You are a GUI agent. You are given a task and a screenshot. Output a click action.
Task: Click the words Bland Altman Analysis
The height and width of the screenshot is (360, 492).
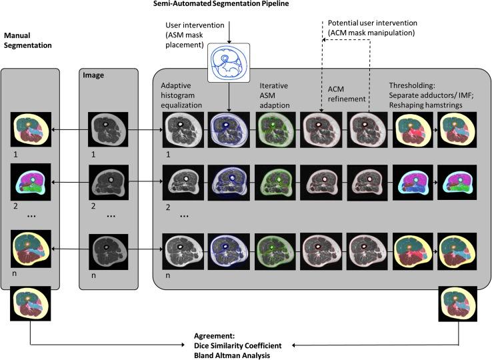229,355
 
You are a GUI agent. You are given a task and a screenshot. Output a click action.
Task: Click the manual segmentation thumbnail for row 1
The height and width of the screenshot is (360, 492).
31,130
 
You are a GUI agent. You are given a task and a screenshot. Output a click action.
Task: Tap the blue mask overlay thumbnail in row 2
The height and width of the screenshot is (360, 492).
229,182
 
